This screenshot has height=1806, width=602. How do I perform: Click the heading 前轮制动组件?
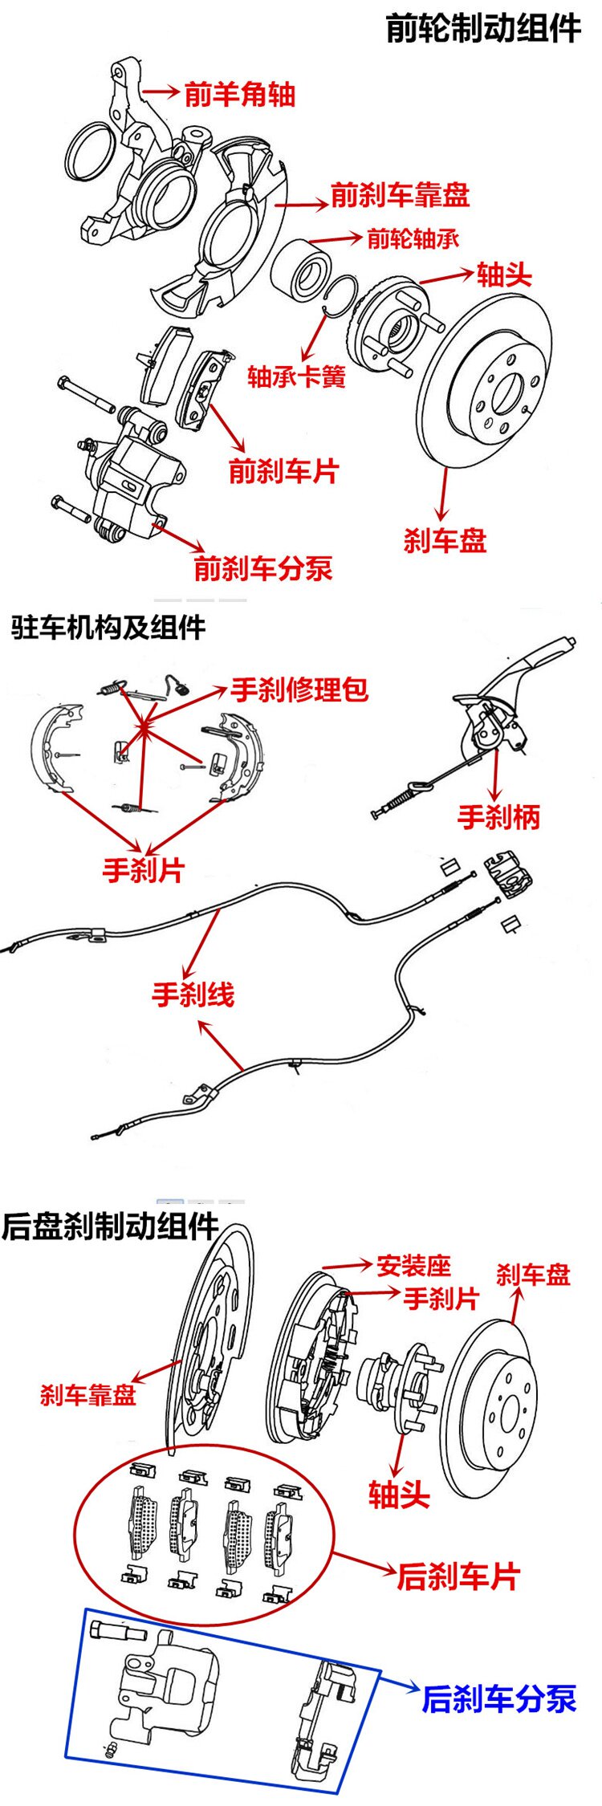coord(483,28)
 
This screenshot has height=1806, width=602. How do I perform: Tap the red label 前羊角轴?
coord(239,95)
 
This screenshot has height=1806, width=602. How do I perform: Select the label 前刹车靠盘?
coord(400,195)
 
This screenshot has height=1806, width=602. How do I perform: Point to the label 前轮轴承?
coord(413,238)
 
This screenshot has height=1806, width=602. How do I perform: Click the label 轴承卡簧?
coord(296,376)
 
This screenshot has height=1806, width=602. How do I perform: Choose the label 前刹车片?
coord(283,470)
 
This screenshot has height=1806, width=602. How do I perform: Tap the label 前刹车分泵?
coord(262,568)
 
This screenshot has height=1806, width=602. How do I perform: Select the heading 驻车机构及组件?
coord(108,627)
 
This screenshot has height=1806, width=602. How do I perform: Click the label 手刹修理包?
coord(299,689)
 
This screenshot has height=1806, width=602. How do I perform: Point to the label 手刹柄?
coord(498,817)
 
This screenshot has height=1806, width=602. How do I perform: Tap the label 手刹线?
coord(193,995)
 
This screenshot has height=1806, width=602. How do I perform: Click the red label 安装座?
coord(414,1266)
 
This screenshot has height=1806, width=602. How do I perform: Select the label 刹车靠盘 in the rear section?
coord(88,1394)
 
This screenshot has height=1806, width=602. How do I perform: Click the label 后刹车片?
coord(458,1576)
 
